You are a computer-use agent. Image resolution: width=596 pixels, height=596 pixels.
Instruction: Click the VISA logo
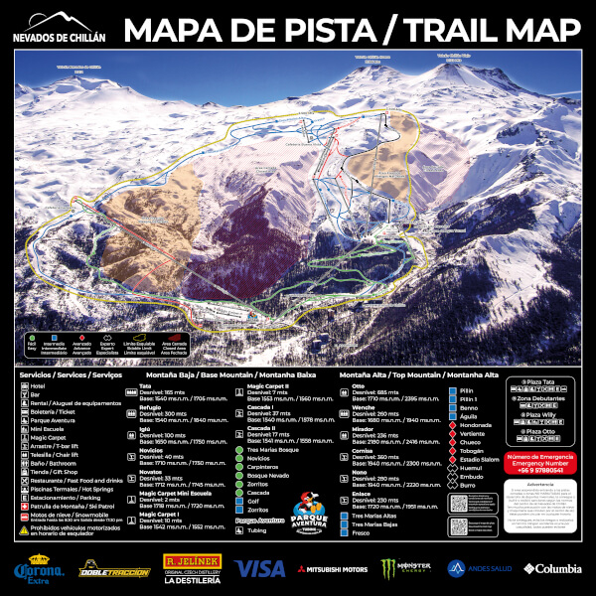(258, 568)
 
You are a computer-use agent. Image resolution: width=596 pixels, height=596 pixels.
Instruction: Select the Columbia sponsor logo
(554, 568)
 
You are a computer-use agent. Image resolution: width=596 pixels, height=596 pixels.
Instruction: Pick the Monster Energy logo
(403, 568)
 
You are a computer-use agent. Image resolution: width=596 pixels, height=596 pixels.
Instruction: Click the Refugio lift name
(151, 407)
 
